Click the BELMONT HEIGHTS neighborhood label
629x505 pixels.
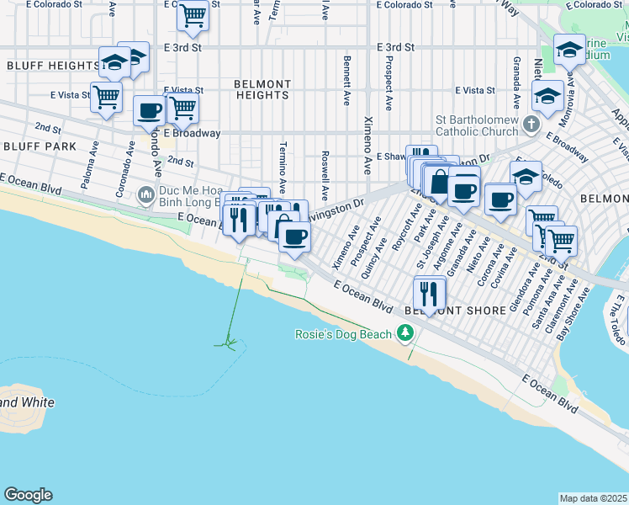[x=262, y=90]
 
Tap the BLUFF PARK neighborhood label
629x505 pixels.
[x=39, y=146]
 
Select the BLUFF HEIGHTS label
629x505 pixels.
[x=52, y=66]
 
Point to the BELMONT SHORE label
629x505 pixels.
[x=455, y=311]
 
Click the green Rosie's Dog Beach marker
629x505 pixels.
[x=406, y=334]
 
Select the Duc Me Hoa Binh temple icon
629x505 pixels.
[x=147, y=195]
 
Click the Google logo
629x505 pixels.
[x=28, y=495]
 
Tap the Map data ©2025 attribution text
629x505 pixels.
[x=593, y=498]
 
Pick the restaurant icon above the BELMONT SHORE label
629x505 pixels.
[x=430, y=292]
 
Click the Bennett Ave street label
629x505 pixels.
[x=346, y=81]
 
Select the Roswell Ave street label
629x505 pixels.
[x=324, y=170]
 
